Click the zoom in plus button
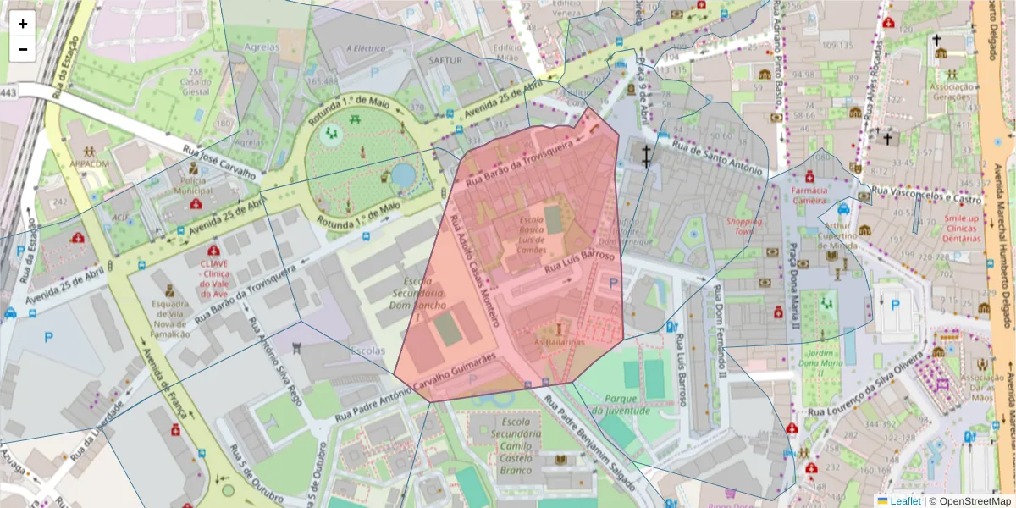23,24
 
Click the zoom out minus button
23,49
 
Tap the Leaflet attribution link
905,501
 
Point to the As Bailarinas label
559,342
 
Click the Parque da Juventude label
621,404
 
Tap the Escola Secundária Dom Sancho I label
402,298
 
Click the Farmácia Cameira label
809,196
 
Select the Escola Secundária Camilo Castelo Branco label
515,446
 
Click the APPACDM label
91,163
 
